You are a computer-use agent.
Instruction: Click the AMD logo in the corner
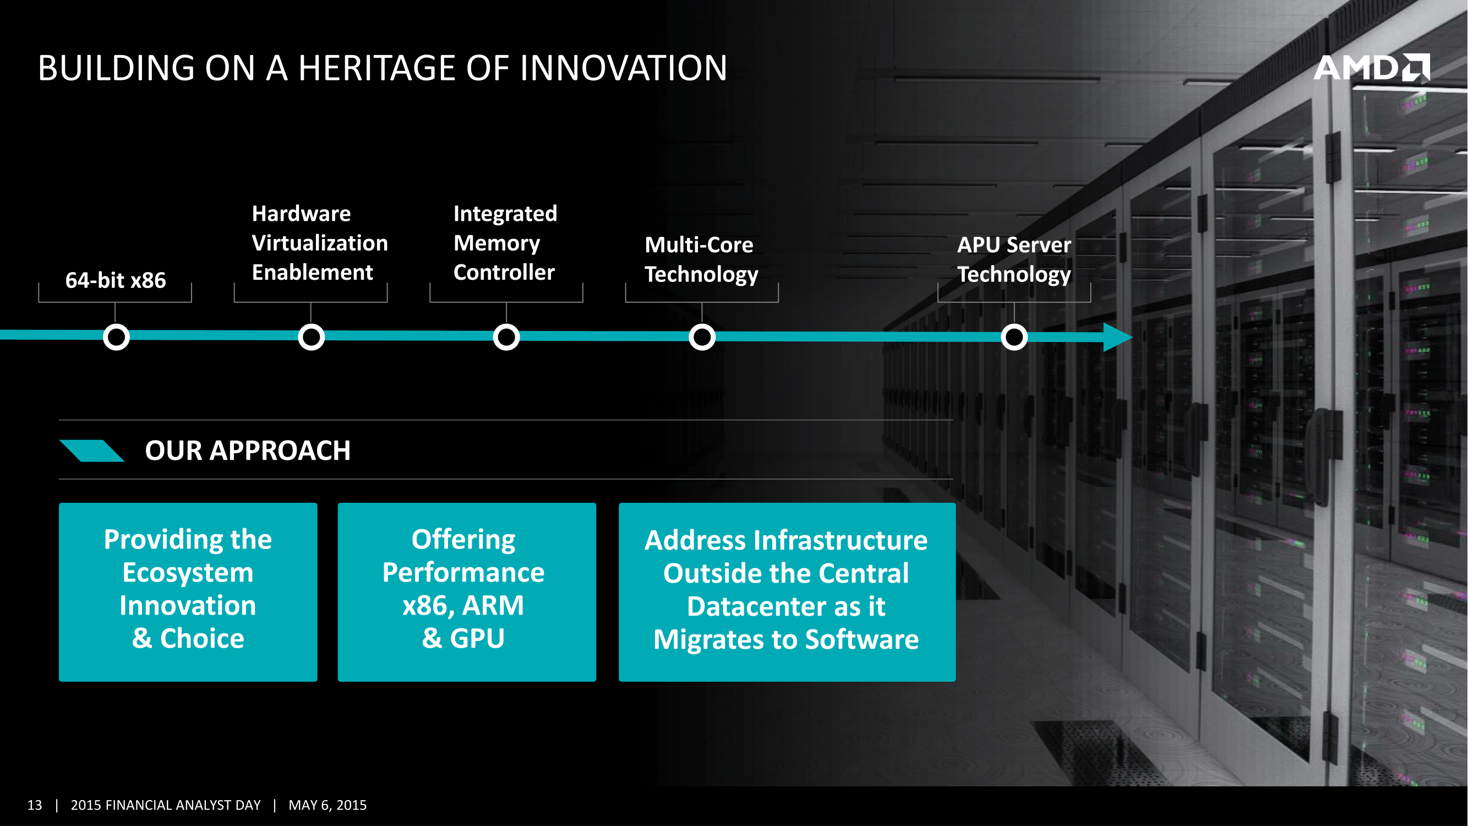click(1371, 68)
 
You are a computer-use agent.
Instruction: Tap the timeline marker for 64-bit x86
click(116, 337)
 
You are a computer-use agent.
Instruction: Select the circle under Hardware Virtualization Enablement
click(311, 337)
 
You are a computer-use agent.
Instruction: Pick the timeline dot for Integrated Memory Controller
click(506, 337)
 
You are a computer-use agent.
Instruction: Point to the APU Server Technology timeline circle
click(1014, 337)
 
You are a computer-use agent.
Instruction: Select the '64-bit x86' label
click(116, 280)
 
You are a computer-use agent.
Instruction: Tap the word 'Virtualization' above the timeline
click(320, 243)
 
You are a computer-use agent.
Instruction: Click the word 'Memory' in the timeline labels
click(496, 243)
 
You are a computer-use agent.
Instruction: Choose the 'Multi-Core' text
click(698, 245)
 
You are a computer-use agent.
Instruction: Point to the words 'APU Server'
click(1014, 245)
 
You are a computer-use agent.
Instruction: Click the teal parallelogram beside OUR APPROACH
click(92, 450)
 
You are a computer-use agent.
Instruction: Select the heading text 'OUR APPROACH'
click(247, 450)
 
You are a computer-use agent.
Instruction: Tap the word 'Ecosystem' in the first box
click(188, 572)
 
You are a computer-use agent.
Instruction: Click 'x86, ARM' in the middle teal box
click(463, 605)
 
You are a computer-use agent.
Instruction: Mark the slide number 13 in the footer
click(35, 805)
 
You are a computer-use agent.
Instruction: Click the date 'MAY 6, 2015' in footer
click(327, 805)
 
